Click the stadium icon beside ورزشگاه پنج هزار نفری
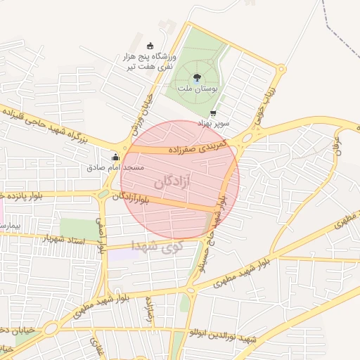point(150,46)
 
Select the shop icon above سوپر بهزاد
point(213,112)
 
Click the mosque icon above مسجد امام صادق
point(115,157)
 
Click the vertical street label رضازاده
point(150,309)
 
